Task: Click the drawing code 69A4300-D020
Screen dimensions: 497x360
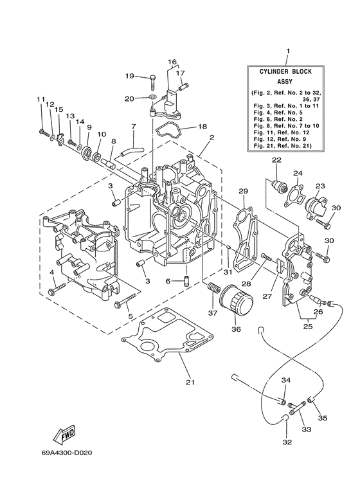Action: (68, 454)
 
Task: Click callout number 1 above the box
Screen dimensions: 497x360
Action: (287, 50)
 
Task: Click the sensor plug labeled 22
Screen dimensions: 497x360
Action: (278, 186)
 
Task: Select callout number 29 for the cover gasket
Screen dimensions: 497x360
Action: (244, 191)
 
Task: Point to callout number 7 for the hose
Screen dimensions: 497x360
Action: (134, 126)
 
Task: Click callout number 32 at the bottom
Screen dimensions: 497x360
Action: (286, 442)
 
